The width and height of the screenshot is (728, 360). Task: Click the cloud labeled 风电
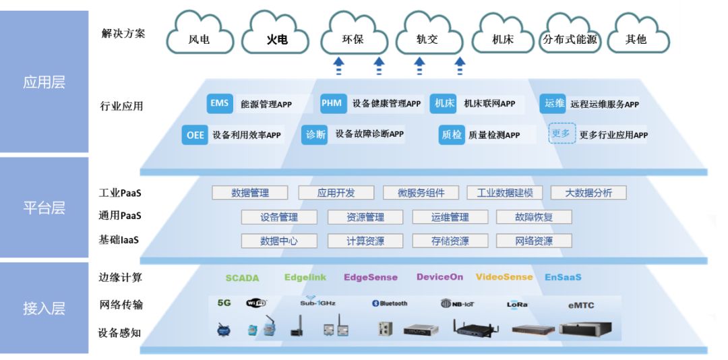click(x=199, y=38)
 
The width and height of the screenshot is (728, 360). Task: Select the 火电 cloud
click(x=276, y=38)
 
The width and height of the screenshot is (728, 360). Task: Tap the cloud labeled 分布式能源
click(x=570, y=38)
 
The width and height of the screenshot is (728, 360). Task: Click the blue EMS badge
click(x=220, y=104)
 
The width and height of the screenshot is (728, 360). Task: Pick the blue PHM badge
click(x=332, y=104)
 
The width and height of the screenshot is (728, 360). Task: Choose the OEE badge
click(x=195, y=135)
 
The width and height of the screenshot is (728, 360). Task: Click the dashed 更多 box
click(x=562, y=133)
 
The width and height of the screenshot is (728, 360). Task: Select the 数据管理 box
click(x=250, y=193)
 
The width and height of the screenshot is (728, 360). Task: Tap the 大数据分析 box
click(x=588, y=193)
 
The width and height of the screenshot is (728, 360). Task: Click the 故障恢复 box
click(x=534, y=217)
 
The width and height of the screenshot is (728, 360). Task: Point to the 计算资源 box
click(x=365, y=241)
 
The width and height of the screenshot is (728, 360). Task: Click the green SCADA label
click(x=242, y=278)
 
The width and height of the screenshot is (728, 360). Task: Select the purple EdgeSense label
click(x=371, y=277)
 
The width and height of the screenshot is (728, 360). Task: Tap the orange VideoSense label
click(x=504, y=277)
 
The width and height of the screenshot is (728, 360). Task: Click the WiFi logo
click(x=257, y=303)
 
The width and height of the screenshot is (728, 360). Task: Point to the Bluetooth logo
click(x=390, y=303)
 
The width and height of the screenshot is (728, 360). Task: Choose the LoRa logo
click(x=517, y=305)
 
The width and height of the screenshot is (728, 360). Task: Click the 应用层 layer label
click(x=44, y=83)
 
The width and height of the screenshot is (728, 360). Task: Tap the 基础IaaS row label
click(x=119, y=240)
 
